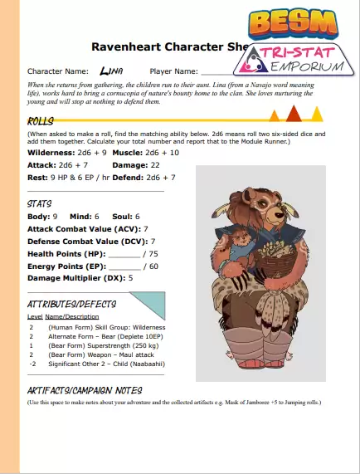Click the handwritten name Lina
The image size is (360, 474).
pos(111,71)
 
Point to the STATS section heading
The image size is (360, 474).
pos(41,202)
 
